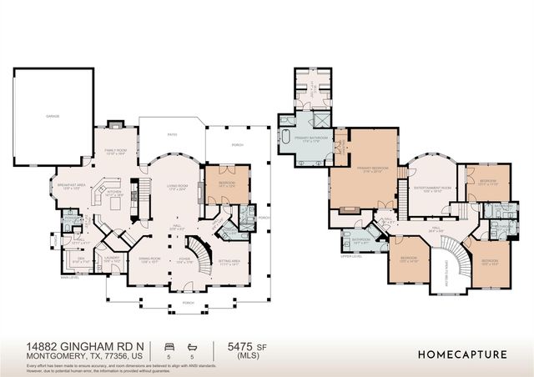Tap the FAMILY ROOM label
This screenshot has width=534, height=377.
pyautogui.click(x=114, y=152)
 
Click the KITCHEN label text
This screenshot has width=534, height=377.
pyautogui.click(x=113, y=191)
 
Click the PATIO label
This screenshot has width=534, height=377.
pyautogui.click(x=171, y=133)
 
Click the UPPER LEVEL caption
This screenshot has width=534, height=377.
pyautogui.click(x=349, y=255)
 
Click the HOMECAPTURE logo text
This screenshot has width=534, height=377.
pyautogui.click(x=462, y=354)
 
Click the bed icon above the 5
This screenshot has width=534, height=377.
pyautogui.click(x=170, y=344)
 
